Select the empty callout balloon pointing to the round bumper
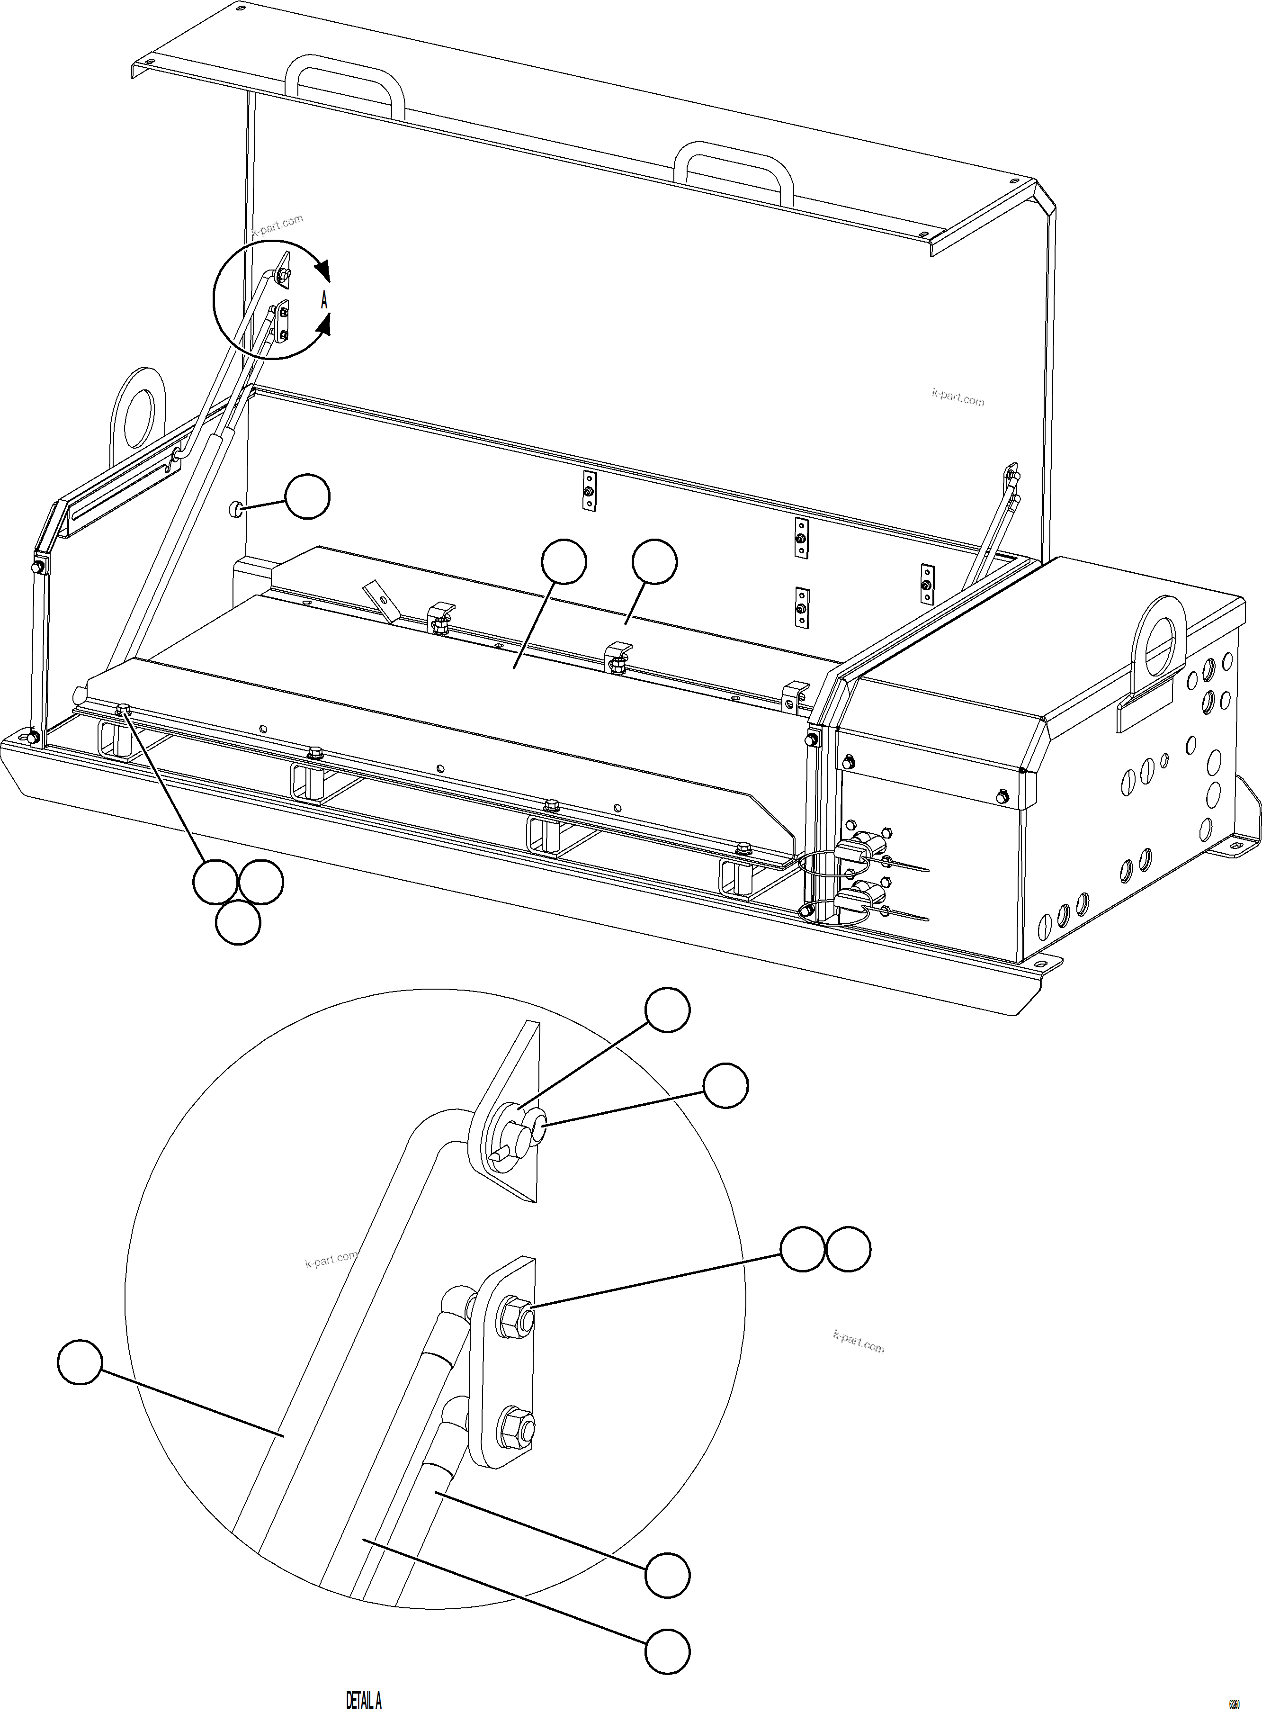[x=307, y=496]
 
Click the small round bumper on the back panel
[x=236, y=508]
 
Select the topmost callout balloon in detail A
[x=668, y=1010]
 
